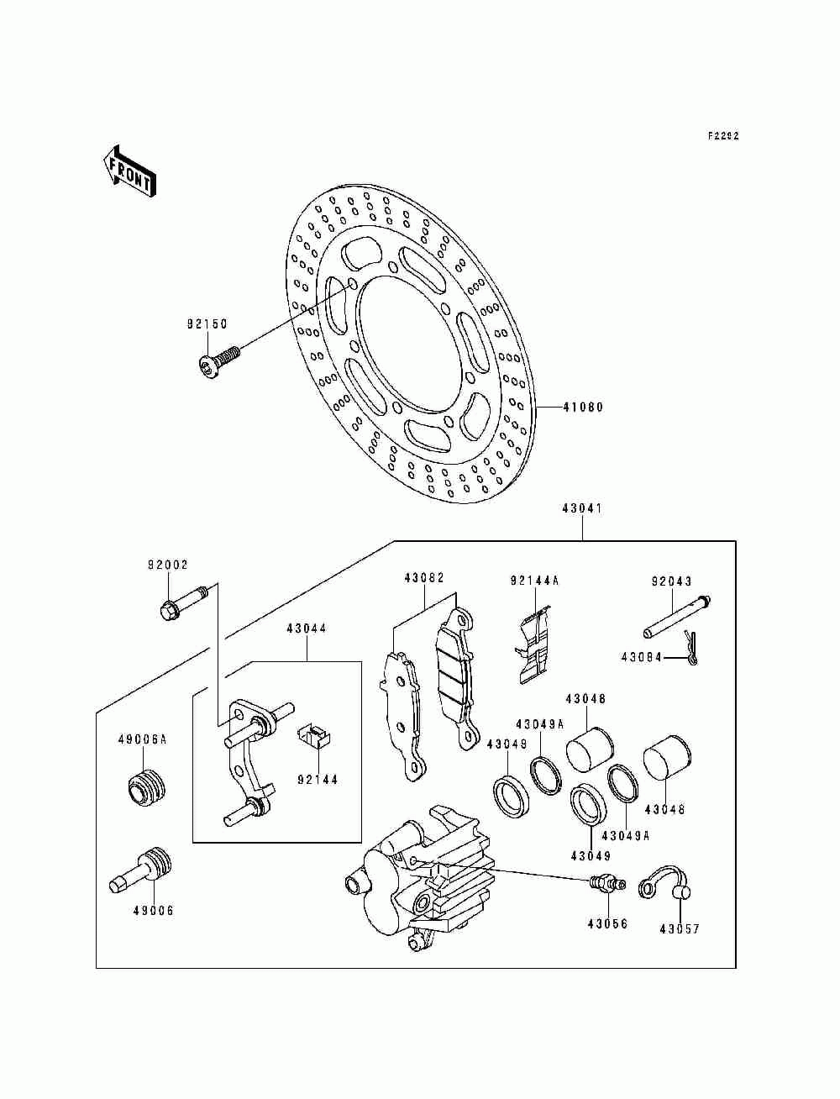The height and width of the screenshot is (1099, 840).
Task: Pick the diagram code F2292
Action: [722, 135]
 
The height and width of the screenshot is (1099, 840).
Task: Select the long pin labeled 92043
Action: [679, 618]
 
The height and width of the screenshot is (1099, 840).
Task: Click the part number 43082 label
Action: [423, 579]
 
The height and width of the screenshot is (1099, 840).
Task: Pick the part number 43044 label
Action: [306, 628]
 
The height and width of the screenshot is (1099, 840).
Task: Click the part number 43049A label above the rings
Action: [540, 723]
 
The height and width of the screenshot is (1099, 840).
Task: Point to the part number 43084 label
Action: [642, 658]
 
